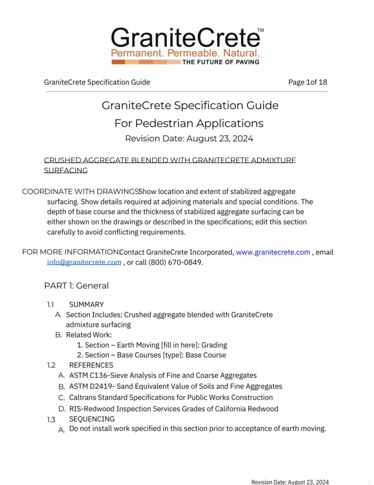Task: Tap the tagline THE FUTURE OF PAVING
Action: click(221, 62)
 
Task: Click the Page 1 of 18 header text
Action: click(307, 82)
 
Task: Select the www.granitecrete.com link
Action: click(273, 252)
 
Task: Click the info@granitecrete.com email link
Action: click(84, 262)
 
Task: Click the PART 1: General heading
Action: click(76, 286)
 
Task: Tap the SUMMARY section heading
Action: click(86, 305)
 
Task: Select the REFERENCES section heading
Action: click(91, 365)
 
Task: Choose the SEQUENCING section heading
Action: click(92, 419)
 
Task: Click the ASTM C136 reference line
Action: click(163, 376)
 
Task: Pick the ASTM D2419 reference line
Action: click(175, 386)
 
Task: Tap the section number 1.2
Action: click(51, 365)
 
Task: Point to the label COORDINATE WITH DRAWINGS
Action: click(79, 192)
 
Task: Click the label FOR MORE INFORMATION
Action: click(70, 252)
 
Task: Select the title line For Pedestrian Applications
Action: click(189, 124)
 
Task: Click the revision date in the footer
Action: click(289, 482)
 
